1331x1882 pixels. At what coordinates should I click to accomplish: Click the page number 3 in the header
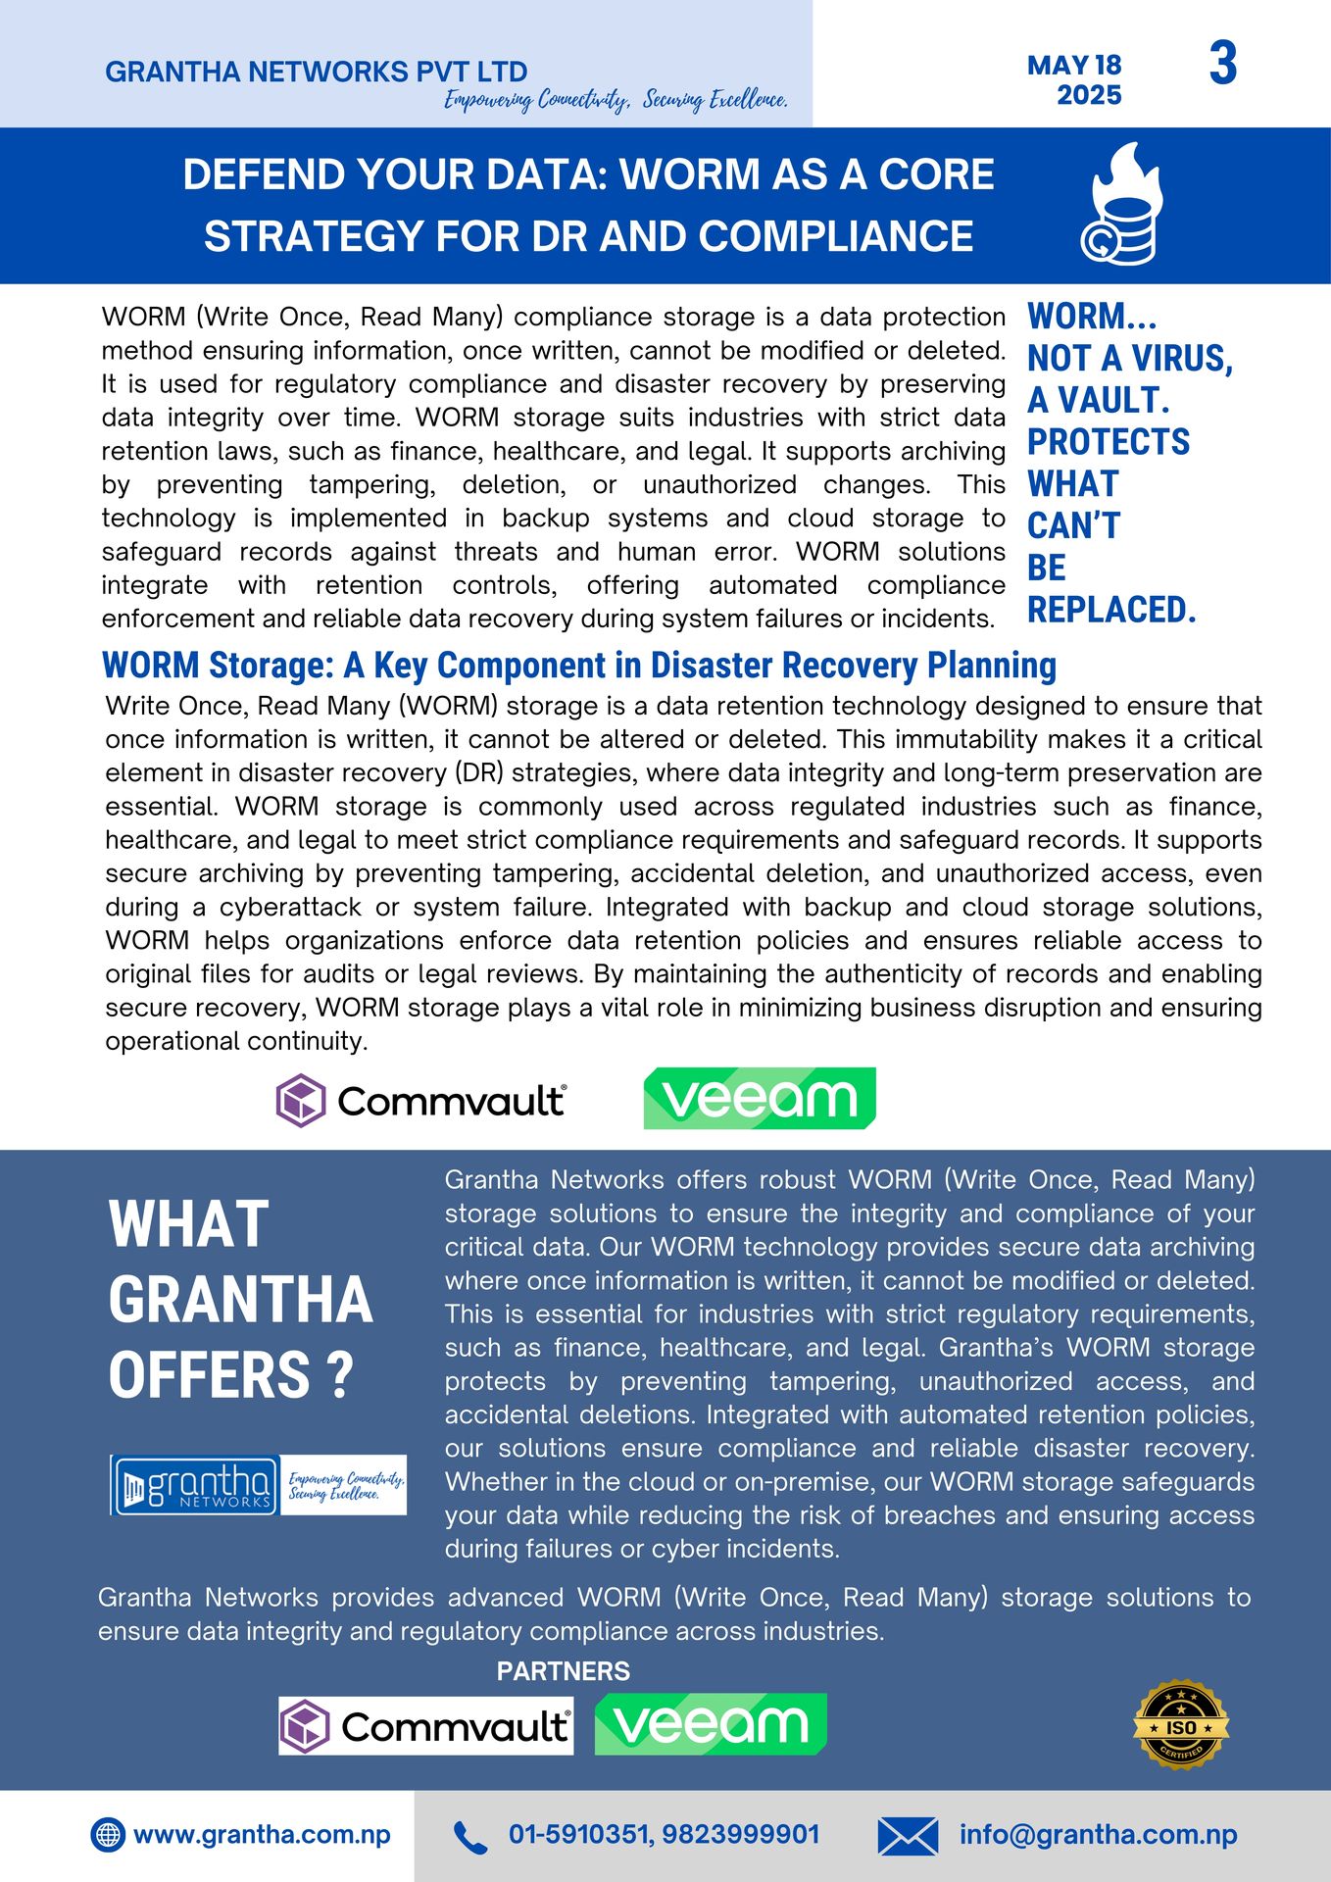[1222, 64]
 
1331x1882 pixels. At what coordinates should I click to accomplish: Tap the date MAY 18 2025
[1075, 79]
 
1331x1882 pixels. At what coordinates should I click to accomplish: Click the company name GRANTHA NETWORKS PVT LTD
[316, 72]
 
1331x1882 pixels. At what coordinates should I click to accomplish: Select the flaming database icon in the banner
[1123, 205]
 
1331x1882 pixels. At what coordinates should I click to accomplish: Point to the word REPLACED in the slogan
[1110, 610]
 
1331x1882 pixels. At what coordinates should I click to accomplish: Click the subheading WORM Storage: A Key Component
[578, 665]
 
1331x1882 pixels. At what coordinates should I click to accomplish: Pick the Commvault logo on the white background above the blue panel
[420, 1100]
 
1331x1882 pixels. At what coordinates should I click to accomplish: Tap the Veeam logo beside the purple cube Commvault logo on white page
[759, 1099]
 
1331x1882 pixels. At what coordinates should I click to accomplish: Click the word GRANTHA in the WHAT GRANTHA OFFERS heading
[240, 1300]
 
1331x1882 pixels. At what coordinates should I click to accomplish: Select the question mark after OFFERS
[339, 1375]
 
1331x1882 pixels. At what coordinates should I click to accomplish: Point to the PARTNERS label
[563, 1671]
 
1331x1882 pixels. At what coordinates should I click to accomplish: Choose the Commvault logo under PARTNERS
[425, 1726]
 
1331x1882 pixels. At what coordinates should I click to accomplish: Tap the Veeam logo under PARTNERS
[711, 1724]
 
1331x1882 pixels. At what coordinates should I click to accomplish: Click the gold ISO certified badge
[1180, 1725]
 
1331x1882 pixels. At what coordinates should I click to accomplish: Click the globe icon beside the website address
[108, 1835]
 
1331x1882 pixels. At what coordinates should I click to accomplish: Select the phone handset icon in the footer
[469, 1837]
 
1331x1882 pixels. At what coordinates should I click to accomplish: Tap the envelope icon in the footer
[907, 1836]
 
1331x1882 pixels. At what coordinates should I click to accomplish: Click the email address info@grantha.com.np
[1098, 1835]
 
